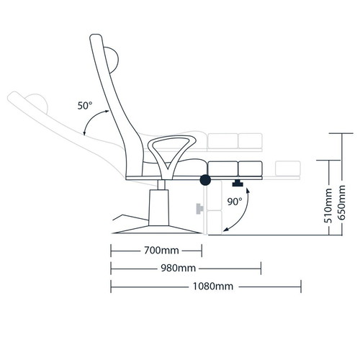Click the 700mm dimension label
(x=161, y=251)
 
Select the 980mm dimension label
(x=178, y=268)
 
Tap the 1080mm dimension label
(x=213, y=286)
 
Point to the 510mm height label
(x=328, y=206)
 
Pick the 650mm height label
(x=341, y=202)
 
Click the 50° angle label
(x=85, y=106)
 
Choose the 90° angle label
(x=235, y=202)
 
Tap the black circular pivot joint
(x=205, y=180)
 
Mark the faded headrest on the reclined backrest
(x=38, y=102)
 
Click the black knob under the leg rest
(x=238, y=184)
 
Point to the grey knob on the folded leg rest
(x=199, y=209)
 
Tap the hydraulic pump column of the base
(x=158, y=207)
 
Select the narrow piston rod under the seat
(x=161, y=185)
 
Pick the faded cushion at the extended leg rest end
(x=288, y=168)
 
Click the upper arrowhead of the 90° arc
(x=248, y=191)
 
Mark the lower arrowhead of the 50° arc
(x=84, y=133)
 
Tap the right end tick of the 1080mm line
(x=301, y=287)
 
